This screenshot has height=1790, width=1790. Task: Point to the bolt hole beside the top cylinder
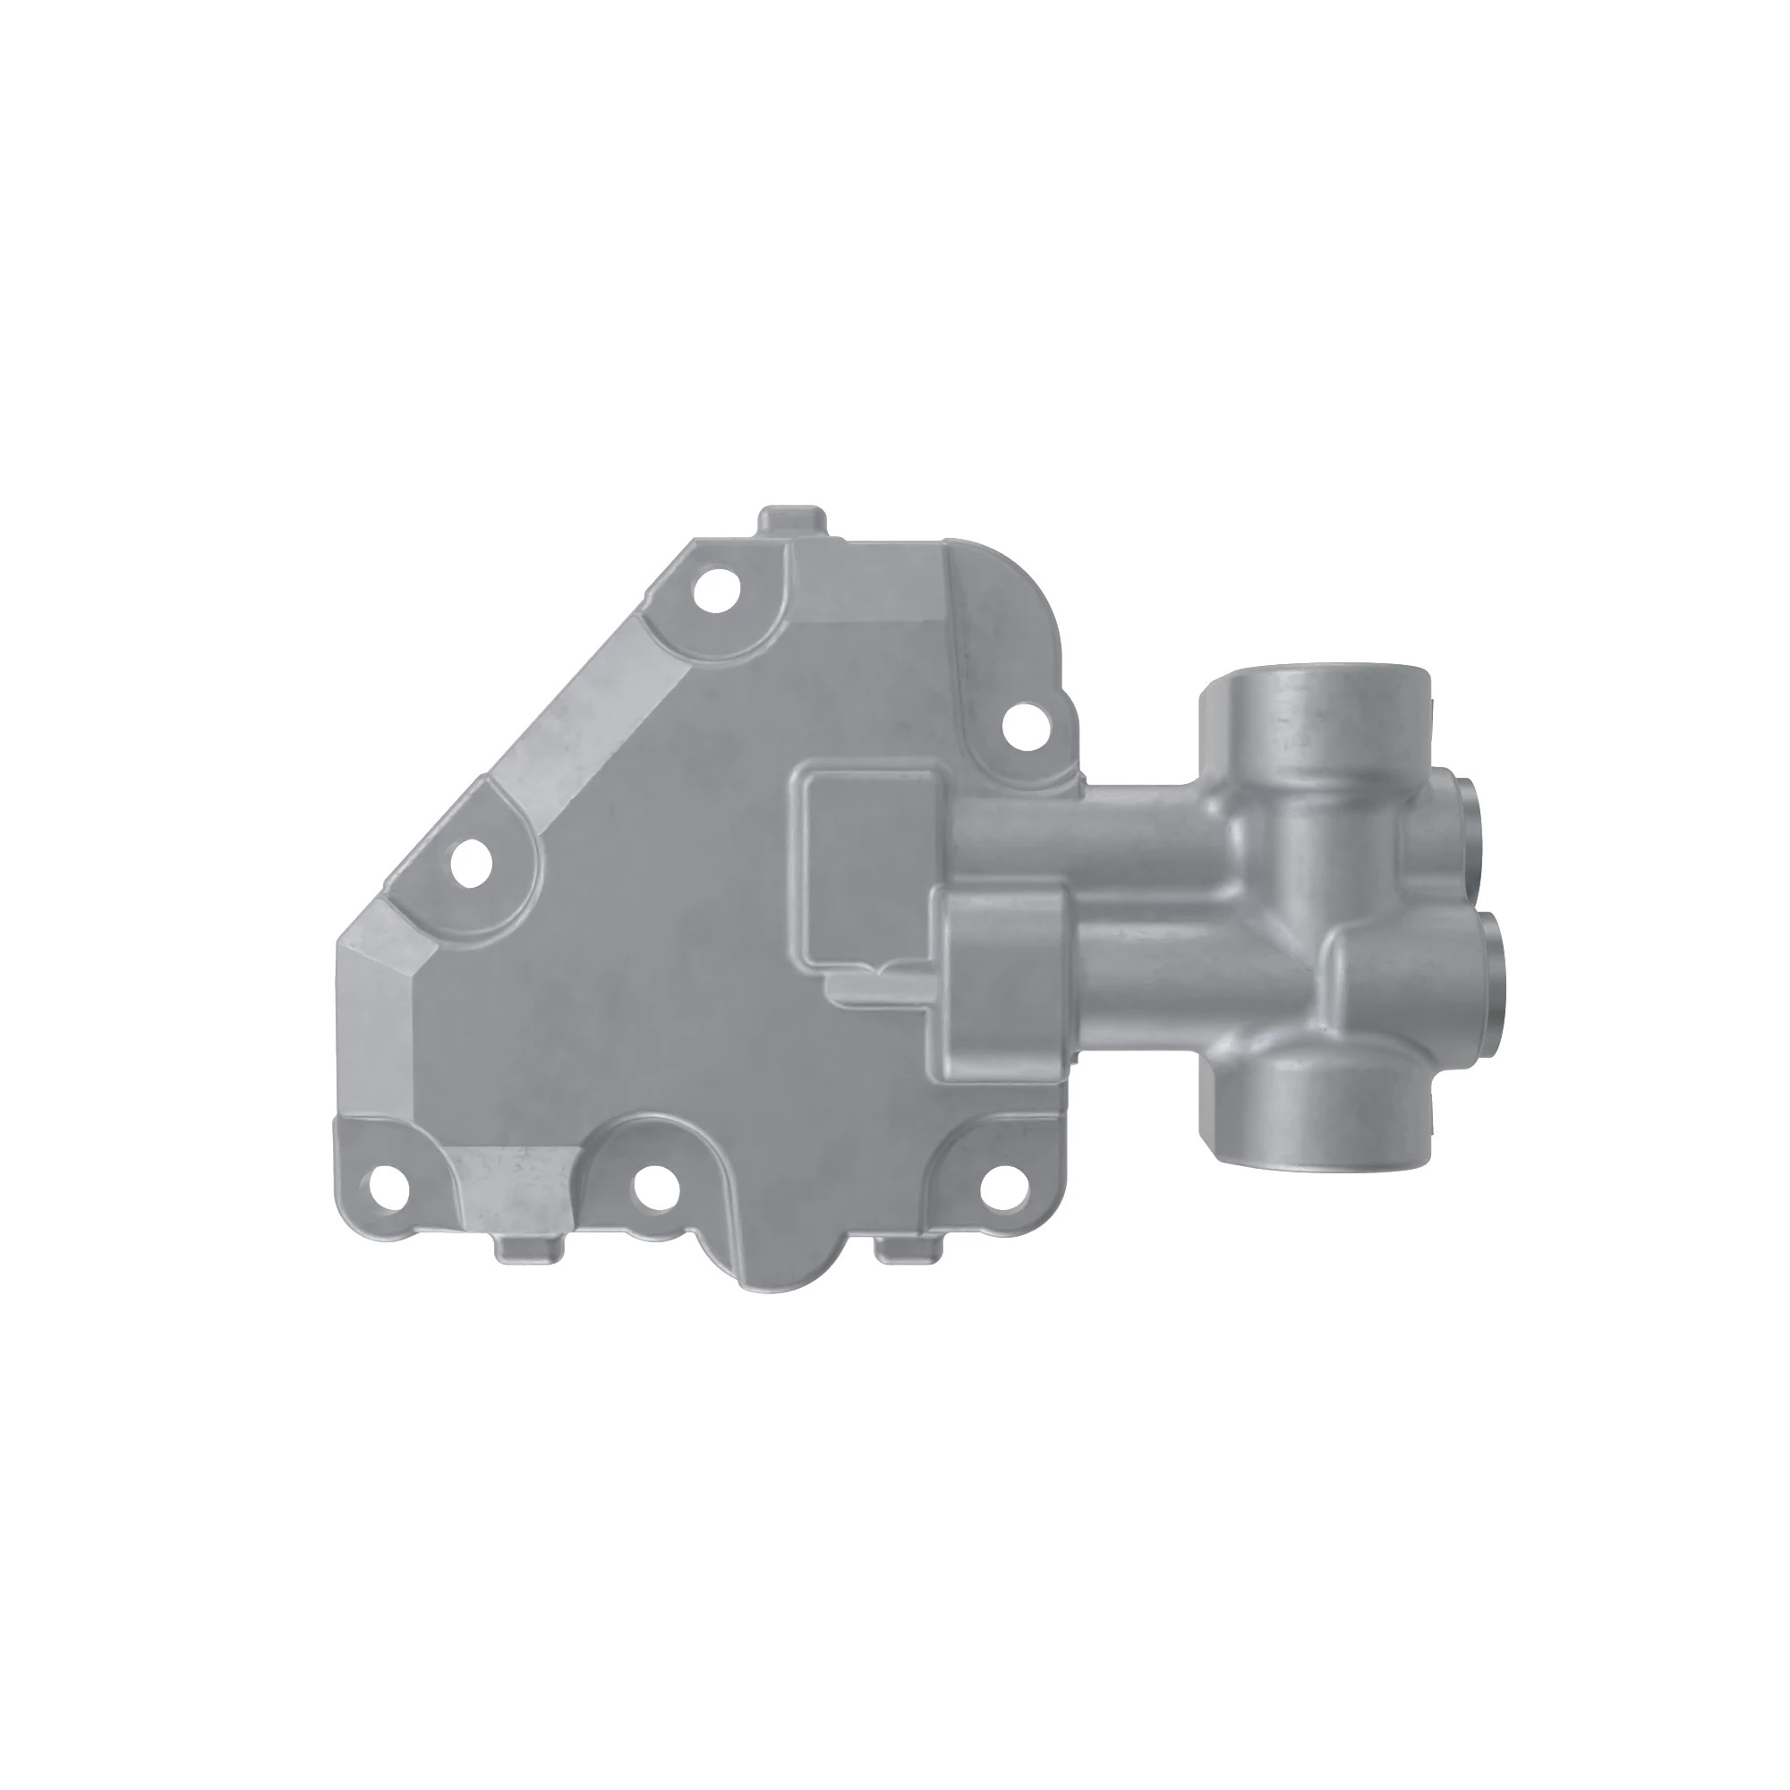pos(1025,723)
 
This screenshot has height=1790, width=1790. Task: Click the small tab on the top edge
pos(792,521)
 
